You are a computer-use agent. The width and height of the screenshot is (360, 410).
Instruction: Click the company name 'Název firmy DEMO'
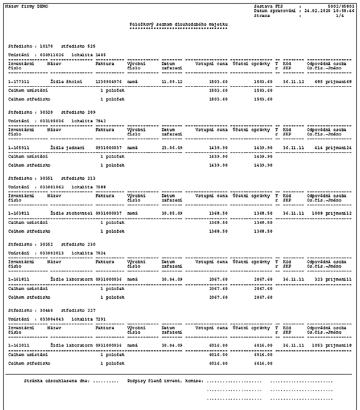click(x=26, y=6)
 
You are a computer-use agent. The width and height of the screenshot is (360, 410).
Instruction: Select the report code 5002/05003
click(x=343, y=6)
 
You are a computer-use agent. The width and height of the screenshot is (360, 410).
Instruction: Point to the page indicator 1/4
click(x=350, y=15)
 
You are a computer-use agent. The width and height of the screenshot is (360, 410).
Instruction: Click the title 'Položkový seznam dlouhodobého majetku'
click(x=179, y=24)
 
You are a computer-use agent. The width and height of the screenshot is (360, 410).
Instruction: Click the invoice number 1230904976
click(x=109, y=81)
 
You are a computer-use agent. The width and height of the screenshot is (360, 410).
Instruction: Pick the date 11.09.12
click(x=172, y=81)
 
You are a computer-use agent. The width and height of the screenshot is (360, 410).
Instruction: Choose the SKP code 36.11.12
click(x=293, y=81)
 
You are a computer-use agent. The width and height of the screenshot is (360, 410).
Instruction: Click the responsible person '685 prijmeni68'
click(x=333, y=81)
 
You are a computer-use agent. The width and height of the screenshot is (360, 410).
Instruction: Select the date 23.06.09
click(x=172, y=147)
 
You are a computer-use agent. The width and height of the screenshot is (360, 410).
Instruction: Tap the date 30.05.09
click(x=172, y=213)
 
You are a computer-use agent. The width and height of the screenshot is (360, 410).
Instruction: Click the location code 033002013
click(x=52, y=253)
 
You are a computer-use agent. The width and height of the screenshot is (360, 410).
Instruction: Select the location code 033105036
click(x=52, y=121)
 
